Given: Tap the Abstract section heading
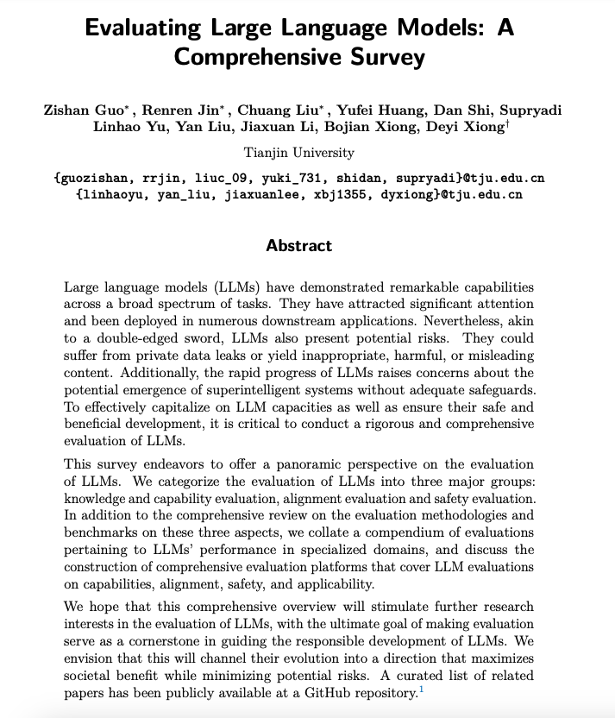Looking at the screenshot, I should click(298, 245).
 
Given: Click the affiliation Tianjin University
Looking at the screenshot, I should click(298, 153).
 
